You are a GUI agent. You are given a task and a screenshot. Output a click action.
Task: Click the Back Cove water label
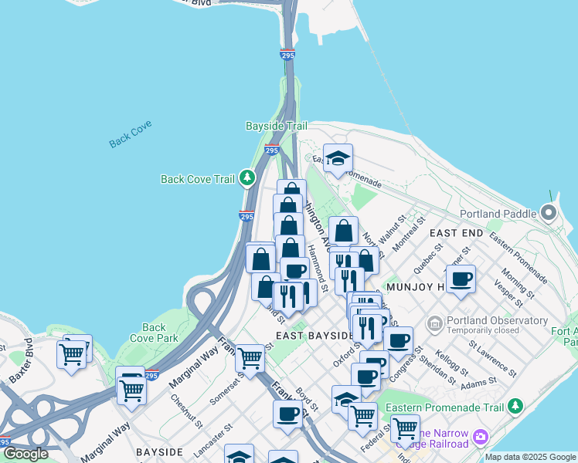tap(131, 133)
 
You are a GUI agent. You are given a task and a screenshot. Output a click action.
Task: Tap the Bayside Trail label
tap(276, 126)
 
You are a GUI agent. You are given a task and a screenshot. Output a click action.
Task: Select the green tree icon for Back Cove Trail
tap(247, 179)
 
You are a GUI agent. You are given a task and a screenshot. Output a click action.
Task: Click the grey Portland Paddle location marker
tap(549, 212)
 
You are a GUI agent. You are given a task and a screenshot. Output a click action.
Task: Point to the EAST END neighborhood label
tap(456, 233)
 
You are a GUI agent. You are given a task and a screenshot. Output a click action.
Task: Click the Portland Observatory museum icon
tap(434, 321)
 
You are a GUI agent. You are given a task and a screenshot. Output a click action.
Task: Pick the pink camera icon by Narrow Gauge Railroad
tap(481, 438)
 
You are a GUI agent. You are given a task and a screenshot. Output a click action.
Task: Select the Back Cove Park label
tap(159, 333)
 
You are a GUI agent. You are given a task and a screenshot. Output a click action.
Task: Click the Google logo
tap(25, 454)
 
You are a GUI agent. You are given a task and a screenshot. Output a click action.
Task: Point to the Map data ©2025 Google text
tap(530, 457)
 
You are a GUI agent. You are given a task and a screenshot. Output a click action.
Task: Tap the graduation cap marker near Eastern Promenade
tap(338, 158)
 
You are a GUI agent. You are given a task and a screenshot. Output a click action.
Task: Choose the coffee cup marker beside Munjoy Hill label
tap(461, 279)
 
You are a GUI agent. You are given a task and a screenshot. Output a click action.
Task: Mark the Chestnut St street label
tap(188, 412)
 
